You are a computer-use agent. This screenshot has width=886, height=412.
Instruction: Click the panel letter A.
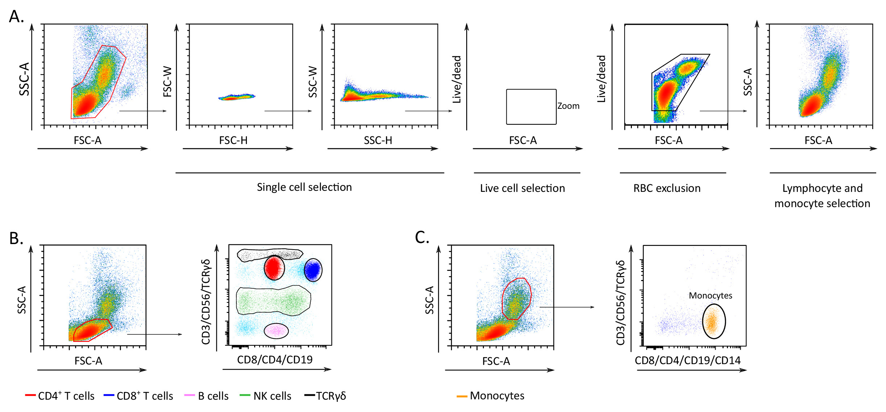pos(16,17)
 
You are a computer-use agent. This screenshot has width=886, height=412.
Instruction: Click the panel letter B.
pos(16,238)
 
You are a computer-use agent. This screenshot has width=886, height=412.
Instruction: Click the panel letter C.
pos(422,238)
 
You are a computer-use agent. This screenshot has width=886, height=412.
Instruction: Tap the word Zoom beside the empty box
pos(568,106)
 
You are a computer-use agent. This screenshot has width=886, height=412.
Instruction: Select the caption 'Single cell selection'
pos(304,187)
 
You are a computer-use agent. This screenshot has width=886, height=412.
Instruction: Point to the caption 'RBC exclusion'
pos(667,188)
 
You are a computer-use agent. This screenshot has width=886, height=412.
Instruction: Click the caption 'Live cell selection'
pos(522,188)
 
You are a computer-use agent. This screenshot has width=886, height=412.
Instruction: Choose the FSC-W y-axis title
pos(167,81)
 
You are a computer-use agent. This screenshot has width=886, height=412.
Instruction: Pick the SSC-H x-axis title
pos(378,140)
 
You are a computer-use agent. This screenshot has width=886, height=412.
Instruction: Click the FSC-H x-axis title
pos(233,140)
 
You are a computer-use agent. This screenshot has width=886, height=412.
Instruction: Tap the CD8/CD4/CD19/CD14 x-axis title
pos(687,360)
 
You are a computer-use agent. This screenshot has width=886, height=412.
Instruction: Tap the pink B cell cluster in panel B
pos(276,330)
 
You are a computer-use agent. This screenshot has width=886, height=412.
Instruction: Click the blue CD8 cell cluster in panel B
pos(312,270)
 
